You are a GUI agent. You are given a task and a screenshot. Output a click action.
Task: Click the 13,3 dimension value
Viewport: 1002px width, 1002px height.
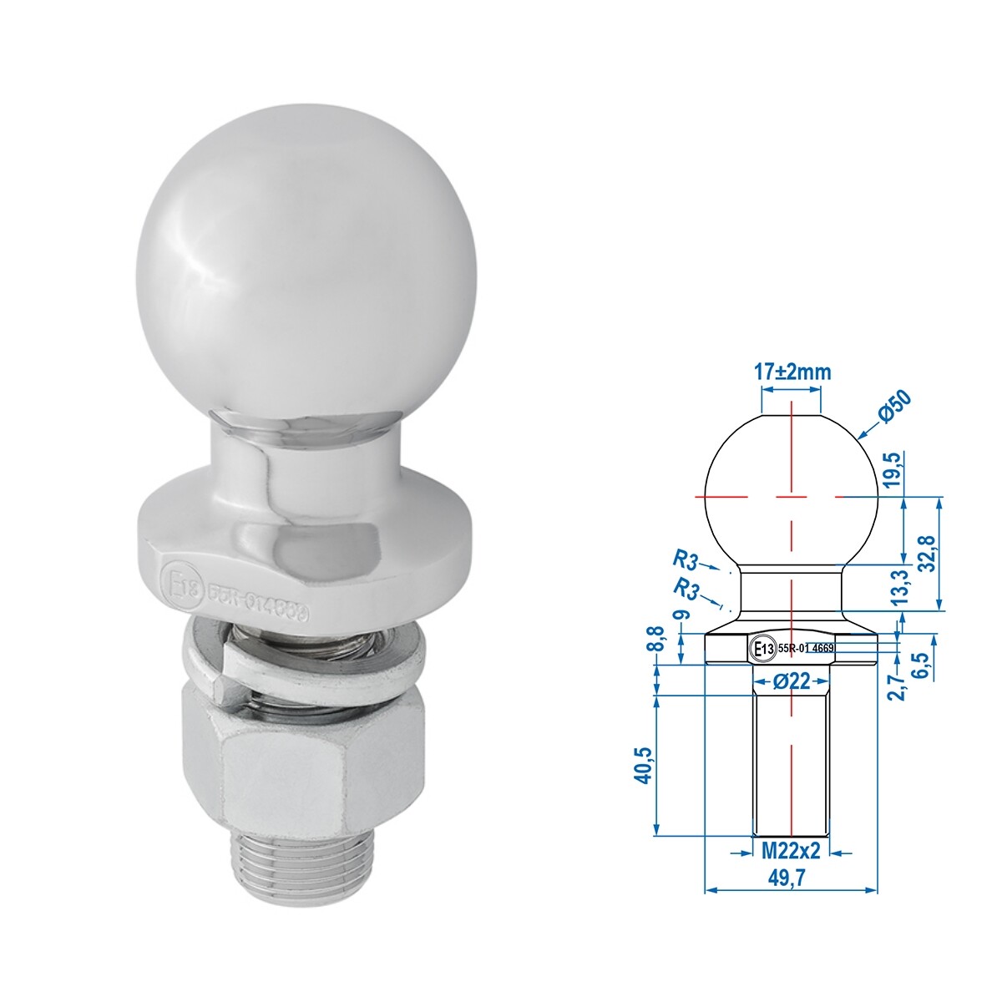(898, 590)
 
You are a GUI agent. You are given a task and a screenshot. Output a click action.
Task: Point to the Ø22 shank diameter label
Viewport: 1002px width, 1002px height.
(791, 681)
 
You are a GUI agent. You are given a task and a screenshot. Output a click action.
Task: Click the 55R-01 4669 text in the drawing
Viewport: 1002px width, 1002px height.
(805, 647)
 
